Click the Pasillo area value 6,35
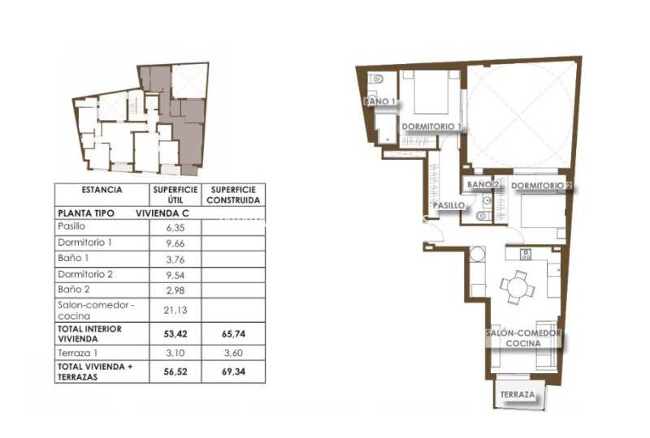pos(175,228)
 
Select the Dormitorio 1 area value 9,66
pos(175,243)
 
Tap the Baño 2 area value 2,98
pos(175,290)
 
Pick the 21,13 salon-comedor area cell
pos(175,310)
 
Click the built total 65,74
pos(233,334)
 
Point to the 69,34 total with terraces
pos(233,371)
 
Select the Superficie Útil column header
pos(175,195)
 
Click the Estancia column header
pos(102,190)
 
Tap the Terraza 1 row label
pos(78,353)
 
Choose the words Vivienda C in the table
pos(162,213)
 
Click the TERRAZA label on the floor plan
pos(518,395)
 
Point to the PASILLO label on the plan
pos(449,205)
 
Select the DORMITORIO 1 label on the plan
pos(431,127)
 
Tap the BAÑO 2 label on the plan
pos(483,185)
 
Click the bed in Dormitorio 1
pos(431,92)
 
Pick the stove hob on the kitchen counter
pos(526,254)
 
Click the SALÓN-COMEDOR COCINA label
pos(523,338)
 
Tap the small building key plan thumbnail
pos(141,118)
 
